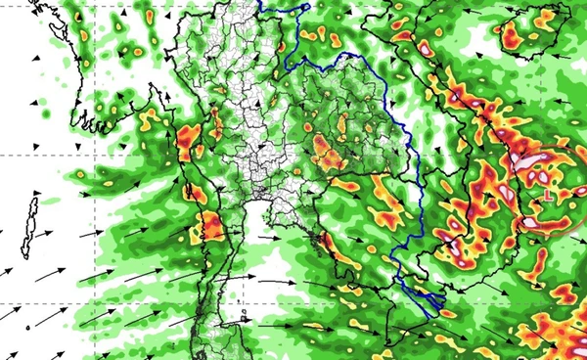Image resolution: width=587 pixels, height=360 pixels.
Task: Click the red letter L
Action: pos(549,196)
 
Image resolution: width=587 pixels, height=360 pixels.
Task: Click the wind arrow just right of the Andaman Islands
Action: pos(85,234)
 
